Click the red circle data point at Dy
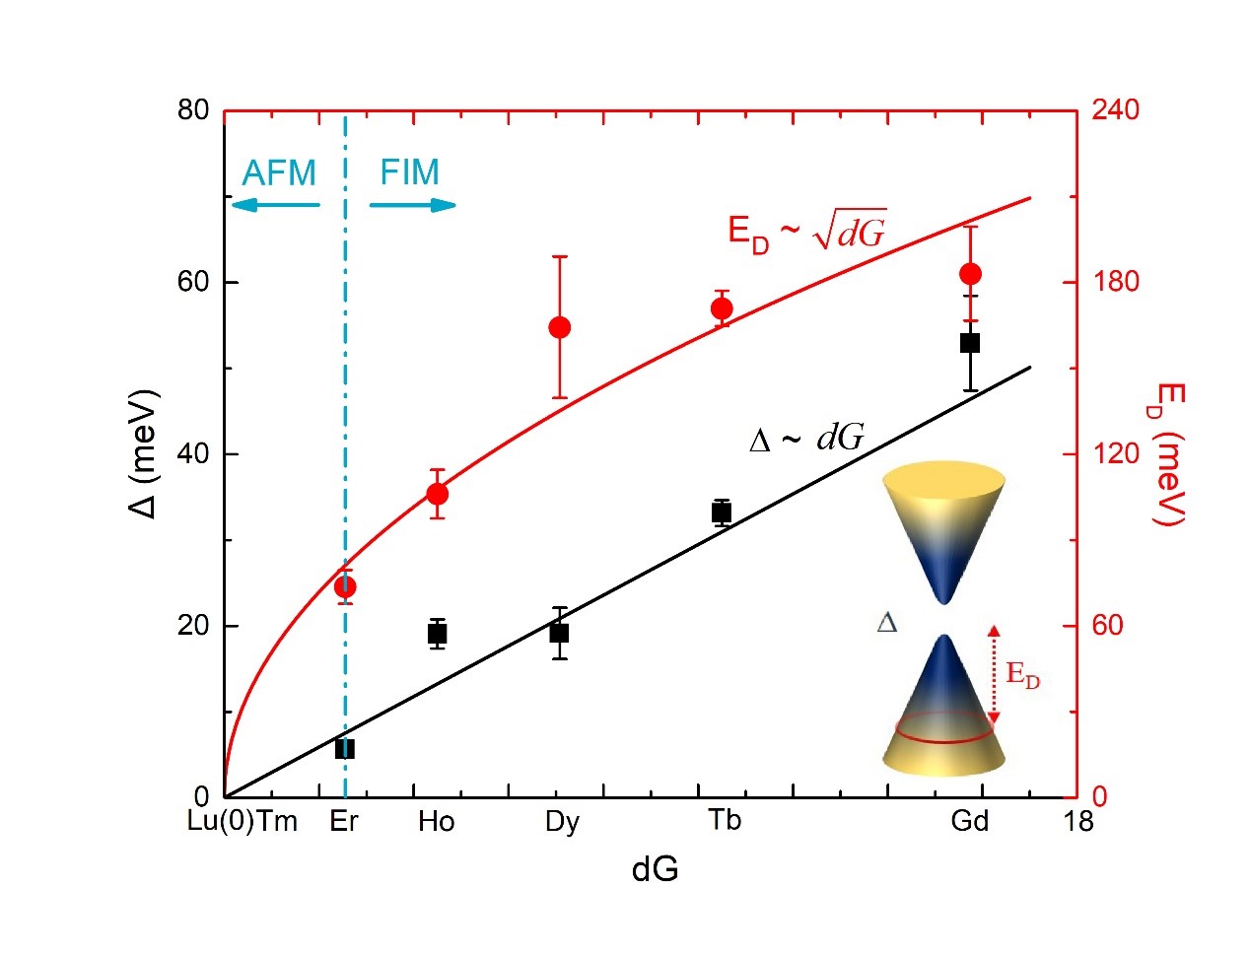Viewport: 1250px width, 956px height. (x=559, y=327)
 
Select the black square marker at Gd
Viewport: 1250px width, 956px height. (x=970, y=343)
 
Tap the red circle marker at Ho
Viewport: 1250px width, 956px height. (x=438, y=494)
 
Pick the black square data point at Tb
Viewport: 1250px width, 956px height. (x=722, y=512)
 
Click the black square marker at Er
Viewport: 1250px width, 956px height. (x=345, y=749)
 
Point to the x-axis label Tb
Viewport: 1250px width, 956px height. (x=725, y=821)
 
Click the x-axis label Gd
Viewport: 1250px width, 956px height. (x=970, y=821)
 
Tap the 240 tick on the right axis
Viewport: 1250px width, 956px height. (x=1115, y=109)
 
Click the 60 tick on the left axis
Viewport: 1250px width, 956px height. (x=194, y=282)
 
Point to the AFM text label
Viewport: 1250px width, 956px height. (x=279, y=173)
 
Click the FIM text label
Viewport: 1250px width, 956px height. (x=409, y=172)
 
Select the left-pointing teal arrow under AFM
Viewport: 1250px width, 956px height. (x=275, y=205)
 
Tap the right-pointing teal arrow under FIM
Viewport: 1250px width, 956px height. (x=413, y=205)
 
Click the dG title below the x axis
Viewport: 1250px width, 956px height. (x=655, y=869)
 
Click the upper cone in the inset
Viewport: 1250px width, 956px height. (x=943, y=532)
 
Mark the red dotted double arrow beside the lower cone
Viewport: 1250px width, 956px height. (x=994, y=675)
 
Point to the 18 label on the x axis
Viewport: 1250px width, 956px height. (x=1078, y=821)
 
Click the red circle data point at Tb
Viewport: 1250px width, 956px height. (x=722, y=308)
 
